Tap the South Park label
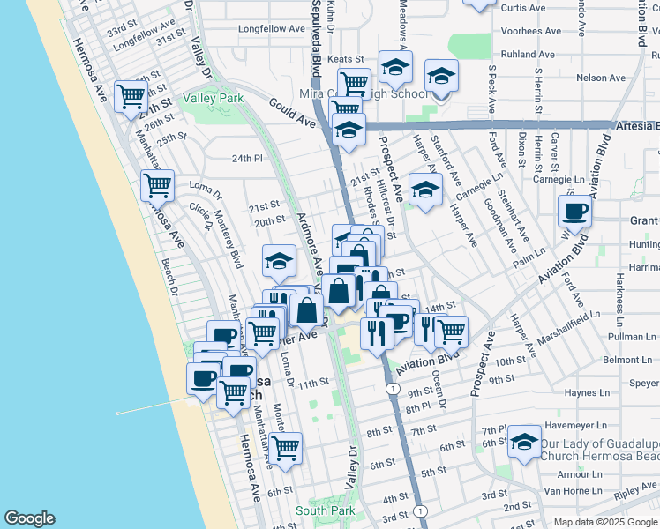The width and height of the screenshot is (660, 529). pyautogui.click(x=325, y=510)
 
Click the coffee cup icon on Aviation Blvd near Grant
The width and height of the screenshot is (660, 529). pyautogui.click(x=574, y=211)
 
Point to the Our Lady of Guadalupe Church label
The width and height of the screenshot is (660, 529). pyautogui.click(x=599, y=450)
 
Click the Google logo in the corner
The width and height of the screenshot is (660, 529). pyautogui.click(x=29, y=518)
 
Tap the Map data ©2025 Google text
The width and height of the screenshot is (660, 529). pyautogui.click(x=605, y=522)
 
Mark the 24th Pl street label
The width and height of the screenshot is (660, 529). pyautogui.click(x=248, y=159)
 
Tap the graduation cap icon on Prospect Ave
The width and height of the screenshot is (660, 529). pyautogui.click(x=425, y=189)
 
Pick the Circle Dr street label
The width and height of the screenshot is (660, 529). pyautogui.click(x=200, y=216)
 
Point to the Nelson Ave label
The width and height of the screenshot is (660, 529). pyautogui.click(x=600, y=78)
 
